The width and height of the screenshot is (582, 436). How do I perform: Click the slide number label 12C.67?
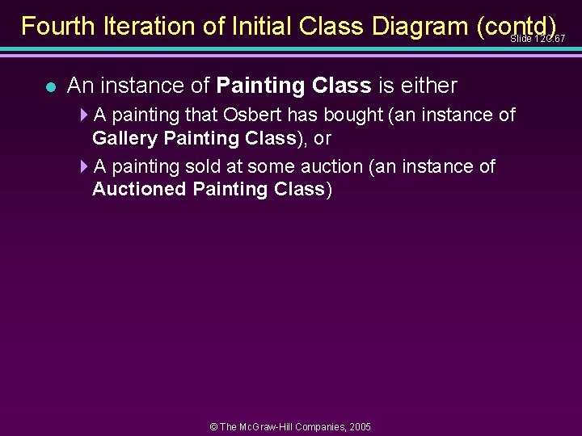[538, 38]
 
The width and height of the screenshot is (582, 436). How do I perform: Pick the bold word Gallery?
[125, 138]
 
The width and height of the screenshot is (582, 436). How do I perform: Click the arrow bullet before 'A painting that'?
[85, 115]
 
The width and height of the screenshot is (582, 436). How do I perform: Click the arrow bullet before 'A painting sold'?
[85, 167]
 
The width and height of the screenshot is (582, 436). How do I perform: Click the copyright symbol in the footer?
[214, 426]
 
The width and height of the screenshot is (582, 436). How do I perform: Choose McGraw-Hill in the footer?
[267, 426]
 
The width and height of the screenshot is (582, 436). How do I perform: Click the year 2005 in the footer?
[358, 426]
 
